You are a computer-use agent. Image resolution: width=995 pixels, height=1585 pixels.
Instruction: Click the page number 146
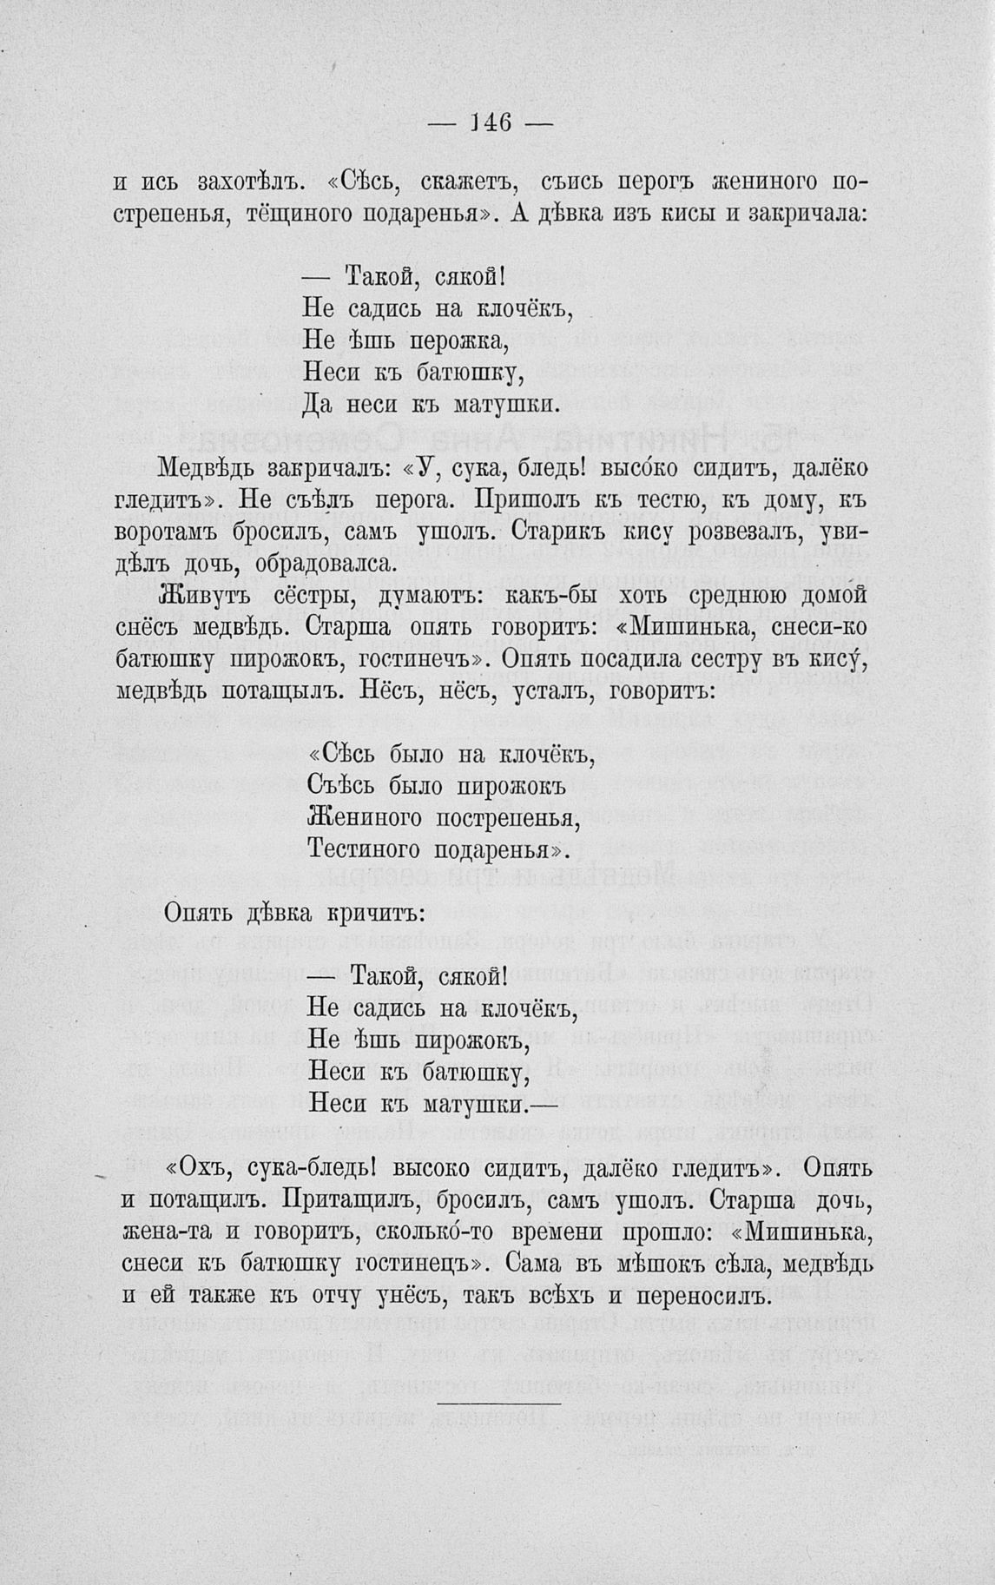491,122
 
